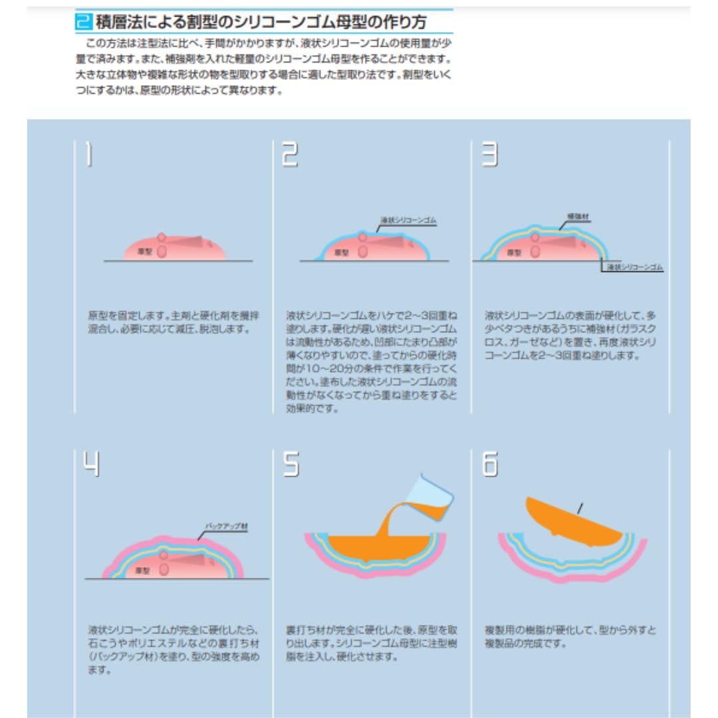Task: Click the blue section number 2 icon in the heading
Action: (x=84, y=23)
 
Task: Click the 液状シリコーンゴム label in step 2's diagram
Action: (x=408, y=220)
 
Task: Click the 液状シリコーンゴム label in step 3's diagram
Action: (x=635, y=267)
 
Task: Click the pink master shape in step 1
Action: (x=193, y=249)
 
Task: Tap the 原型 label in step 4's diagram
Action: (x=142, y=570)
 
